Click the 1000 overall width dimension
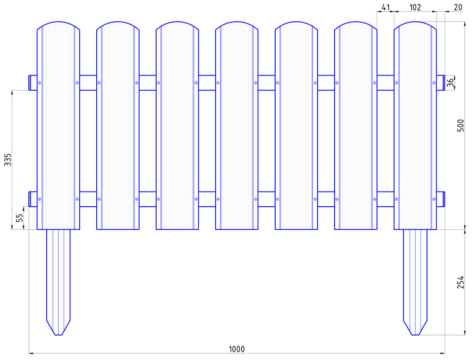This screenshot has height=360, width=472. coord(237,349)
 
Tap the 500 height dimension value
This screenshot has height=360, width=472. coord(461,126)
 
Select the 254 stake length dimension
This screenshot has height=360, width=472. coord(461,282)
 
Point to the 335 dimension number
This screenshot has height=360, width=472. coord(8,160)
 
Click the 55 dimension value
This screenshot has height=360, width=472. coord(19,218)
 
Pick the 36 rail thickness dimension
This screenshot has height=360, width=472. coord(450,83)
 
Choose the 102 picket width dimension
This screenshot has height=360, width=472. coord(415,7)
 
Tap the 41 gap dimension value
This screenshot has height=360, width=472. coord(386,7)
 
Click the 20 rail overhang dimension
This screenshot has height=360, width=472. coord(458,7)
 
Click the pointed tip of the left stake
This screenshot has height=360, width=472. coord(59,335)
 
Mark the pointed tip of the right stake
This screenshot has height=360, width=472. coord(415,335)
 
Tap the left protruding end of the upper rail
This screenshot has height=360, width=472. coord(33,83)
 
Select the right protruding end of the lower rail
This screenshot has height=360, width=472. coord(441,199)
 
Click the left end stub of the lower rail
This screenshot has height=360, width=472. coord(33,199)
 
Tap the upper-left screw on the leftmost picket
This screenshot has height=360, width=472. coord(40,83)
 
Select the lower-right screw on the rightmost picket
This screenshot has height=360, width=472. coord(434,199)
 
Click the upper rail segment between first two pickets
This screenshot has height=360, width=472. coord(88,83)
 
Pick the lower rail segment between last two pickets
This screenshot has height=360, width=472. coord(386,199)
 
